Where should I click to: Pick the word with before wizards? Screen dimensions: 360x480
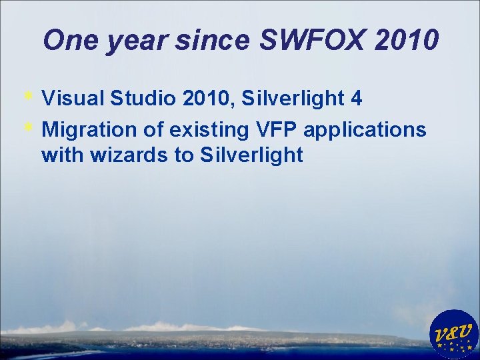pyautogui.click(x=61, y=156)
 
